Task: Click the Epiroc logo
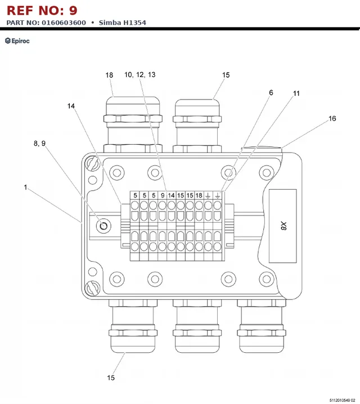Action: (17, 41)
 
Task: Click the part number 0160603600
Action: (64, 23)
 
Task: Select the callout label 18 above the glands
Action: (109, 75)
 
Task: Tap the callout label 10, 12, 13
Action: (140, 75)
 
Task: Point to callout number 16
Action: (332, 119)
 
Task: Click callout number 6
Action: (271, 92)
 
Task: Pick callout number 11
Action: (296, 93)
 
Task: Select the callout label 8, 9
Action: (40, 143)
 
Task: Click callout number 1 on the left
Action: (25, 187)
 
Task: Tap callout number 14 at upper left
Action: (71, 106)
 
